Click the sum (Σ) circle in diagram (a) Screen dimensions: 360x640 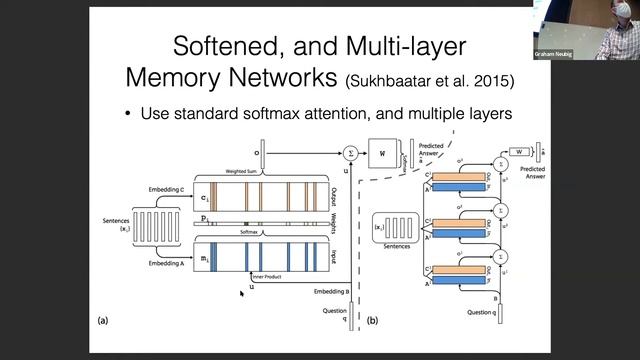tap(351, 153)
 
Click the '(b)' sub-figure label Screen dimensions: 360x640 tap(371, 320)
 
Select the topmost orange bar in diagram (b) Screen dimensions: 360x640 tap(461, 165)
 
